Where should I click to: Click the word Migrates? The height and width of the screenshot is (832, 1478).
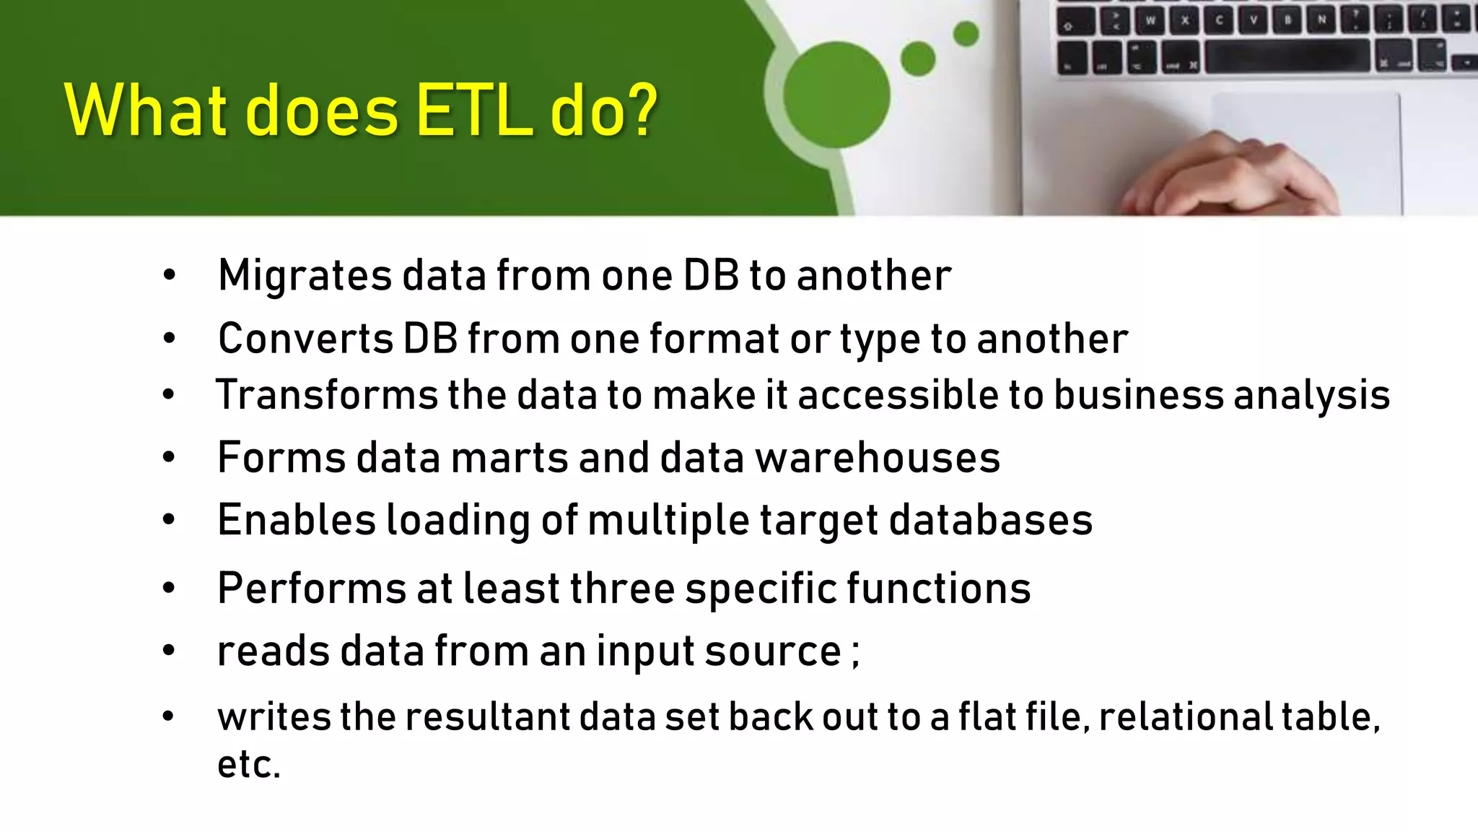click(x=305, y=276)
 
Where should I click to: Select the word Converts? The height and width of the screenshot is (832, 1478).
click(x=305, y=339)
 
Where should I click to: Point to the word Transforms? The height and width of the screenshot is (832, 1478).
click(x=326, y=395)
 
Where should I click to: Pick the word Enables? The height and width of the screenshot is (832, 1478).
click(x=297, y=520)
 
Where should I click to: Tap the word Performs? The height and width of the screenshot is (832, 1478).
click(x=312, y=589)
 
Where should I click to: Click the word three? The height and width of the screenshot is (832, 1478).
click(x=622, y=589)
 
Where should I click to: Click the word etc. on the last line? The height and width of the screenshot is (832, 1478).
click(x=248, y=765)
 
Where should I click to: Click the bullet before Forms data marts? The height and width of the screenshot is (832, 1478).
click(x=169, y=458)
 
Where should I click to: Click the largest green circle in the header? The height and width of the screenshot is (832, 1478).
click(x=836, y=95)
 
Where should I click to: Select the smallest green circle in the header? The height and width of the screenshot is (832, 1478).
click(x=966, y=34)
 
